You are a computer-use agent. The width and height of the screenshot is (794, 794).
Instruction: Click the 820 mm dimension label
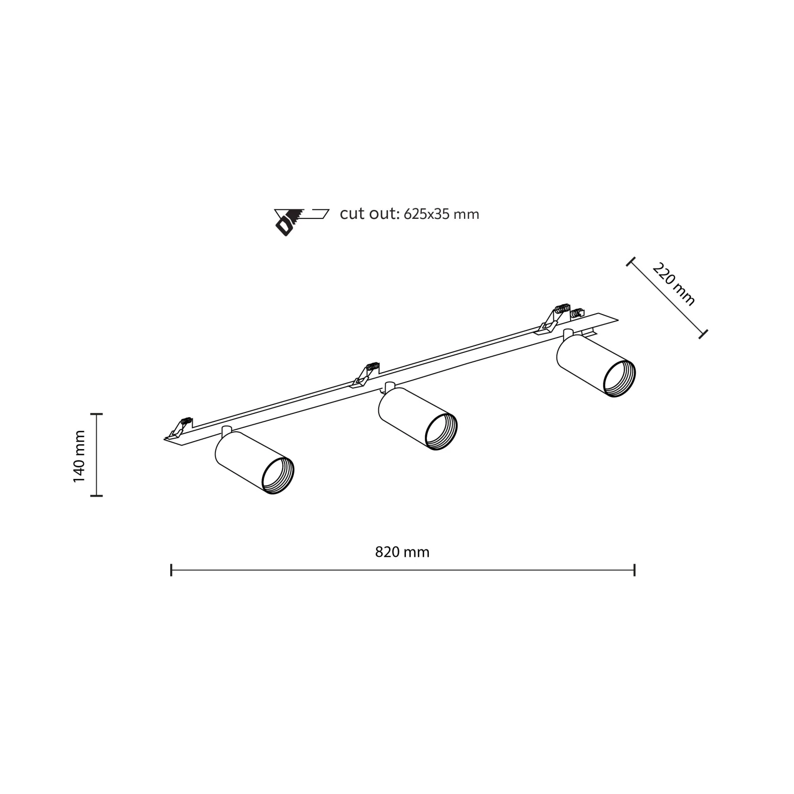(x=402, y=552)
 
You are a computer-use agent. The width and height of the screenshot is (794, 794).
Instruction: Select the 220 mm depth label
(x=674, y=284)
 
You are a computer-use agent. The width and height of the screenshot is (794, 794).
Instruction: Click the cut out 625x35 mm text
(x=409, y=214)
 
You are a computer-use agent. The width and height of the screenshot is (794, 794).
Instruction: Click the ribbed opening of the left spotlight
(x=278, y=476)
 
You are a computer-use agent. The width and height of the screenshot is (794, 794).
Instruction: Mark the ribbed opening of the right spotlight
(x=619, y=380)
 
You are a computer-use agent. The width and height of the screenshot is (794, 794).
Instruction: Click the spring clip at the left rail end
(x=179, y=428)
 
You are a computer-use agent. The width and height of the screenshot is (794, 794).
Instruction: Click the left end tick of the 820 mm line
(x=171, y=570)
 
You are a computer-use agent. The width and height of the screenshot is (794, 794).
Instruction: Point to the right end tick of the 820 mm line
(x=634, y=570)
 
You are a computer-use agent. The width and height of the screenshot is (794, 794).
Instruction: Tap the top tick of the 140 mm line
(x=96, y=414)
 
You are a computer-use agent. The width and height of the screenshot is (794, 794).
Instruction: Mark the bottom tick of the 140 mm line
(x=96, y=495)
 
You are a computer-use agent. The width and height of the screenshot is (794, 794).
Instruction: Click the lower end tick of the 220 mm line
(x=703, y=334)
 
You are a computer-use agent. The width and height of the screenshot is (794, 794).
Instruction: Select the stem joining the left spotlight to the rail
(x=226, y=430)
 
